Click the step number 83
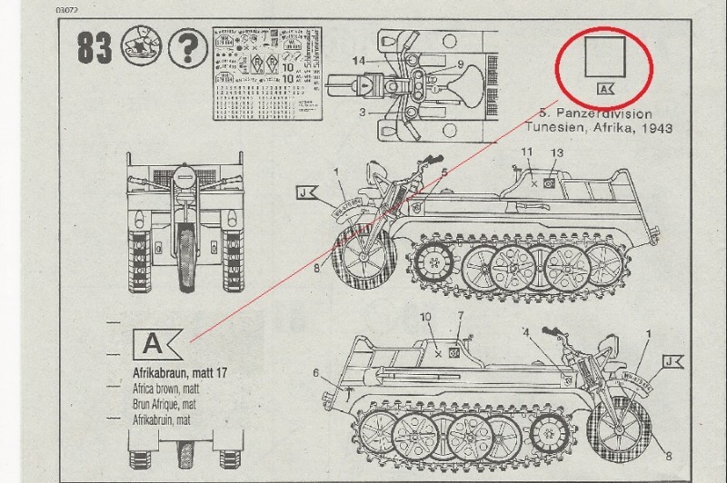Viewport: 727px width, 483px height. (x=94, y=47)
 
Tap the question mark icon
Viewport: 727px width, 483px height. (x=188, y=46)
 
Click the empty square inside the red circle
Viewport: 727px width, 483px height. (x=603, y=56)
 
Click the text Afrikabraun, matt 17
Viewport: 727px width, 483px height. (x=173, y=371)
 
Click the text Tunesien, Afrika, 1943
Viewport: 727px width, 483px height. (x=605, y=129)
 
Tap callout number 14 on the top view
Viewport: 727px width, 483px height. (x=359, y=60)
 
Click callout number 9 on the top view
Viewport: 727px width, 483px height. (x=461, y=64)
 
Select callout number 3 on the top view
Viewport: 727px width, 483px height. (x=362, y=112)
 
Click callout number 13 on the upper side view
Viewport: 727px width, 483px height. (x=558, y=153)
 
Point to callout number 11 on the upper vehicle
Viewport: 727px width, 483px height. (x=528, y=150)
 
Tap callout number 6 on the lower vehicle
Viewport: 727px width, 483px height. (x=315, y=372)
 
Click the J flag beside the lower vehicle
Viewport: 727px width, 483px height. (x=672, y=362)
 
